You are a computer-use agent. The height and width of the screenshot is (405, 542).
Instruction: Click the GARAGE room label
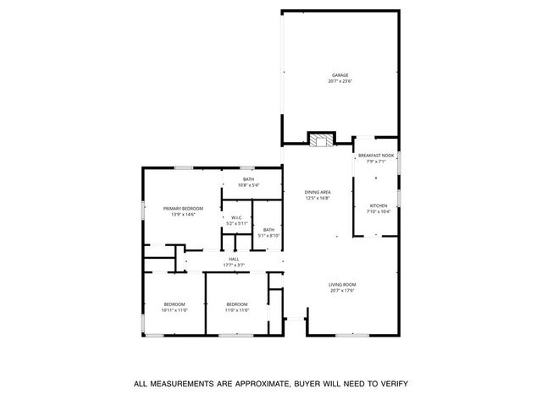point(339,75)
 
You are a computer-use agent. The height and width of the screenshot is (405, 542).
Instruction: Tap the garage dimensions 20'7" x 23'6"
point(339,81)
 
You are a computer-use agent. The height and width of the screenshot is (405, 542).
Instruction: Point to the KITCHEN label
point(379,205)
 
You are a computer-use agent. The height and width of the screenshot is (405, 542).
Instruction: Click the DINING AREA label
point(318,192)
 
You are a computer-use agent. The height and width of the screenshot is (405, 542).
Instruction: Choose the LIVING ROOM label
point(342,284)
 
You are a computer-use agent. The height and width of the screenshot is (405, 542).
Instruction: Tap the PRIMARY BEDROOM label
point(184,209)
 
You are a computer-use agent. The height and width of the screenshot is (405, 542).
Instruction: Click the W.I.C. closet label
point(237,217)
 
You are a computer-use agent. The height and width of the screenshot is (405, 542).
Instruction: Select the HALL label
point(233,259)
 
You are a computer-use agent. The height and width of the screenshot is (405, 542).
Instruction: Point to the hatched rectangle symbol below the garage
point(320,140)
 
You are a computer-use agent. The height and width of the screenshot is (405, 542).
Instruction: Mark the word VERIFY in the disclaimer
point(389,384)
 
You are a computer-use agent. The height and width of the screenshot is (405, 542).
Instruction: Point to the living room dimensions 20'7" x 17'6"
point(342,290)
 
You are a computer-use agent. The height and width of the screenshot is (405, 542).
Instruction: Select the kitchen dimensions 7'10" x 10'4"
point(379,211)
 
